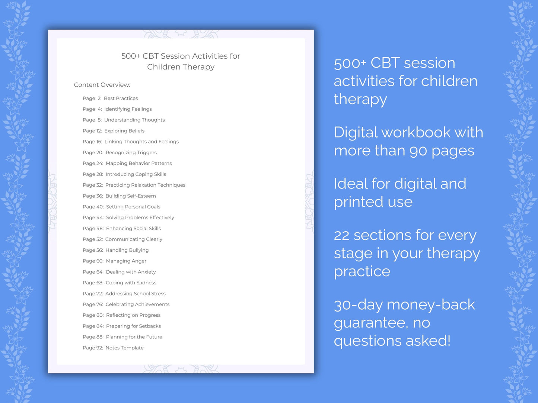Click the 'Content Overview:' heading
102,85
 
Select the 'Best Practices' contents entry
121,99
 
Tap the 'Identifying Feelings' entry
128,109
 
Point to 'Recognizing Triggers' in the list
131,152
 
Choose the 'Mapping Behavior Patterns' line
139,163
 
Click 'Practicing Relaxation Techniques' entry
145,185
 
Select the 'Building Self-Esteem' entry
131,196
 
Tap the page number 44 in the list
100,217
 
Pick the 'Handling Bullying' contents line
127,250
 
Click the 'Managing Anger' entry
126,261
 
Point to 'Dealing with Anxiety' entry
131,272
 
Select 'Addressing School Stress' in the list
135,294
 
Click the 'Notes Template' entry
124,348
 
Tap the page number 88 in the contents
100,337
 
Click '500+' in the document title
131,56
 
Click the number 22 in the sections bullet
341,235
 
